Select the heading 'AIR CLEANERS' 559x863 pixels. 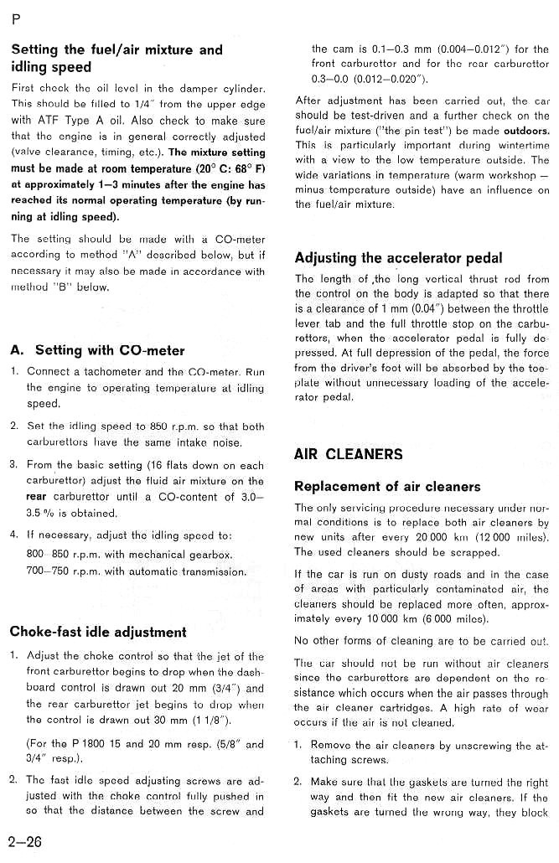click(x=348, y=455)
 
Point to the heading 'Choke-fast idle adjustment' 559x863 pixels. click(x=98, y=632)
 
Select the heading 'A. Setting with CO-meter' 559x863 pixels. click(x=98, y=350)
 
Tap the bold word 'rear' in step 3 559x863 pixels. click(x=37, y=496)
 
